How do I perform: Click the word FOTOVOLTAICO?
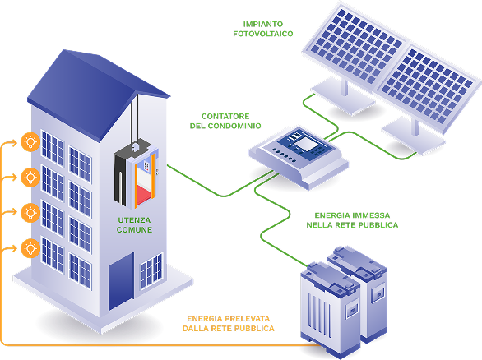point(263,34)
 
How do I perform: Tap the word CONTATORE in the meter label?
point(225,116)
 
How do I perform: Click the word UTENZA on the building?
point(134,220)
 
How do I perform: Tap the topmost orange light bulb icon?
point(30,142)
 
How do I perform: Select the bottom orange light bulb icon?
point(30,248)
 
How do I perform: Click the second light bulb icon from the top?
point(30,178)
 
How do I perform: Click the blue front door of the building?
point(121,281)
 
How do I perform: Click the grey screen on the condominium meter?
point(306,144)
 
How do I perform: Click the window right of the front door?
point(151,271)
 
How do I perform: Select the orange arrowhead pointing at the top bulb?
point(14,142)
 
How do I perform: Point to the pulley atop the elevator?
point(135,146)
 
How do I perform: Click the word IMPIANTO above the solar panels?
point(263,24)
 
